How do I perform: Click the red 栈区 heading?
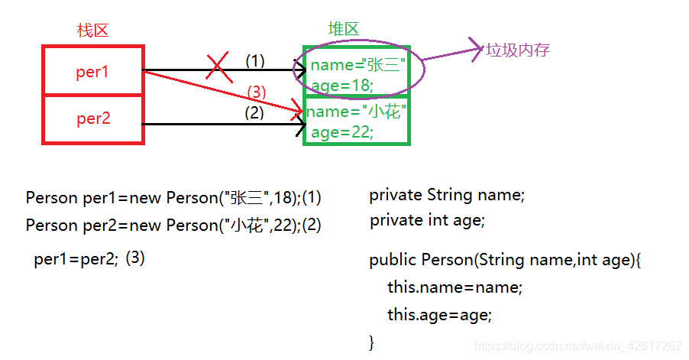click(x=93, y=31)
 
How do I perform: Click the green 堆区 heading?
click(x=343, y=29)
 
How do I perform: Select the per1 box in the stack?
click(x=93, y=72)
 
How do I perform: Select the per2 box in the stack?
click(x=93, y=119)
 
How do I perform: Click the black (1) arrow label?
click(x=254, y=60)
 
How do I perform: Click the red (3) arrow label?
click(x=257, y=92)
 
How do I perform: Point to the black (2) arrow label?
click(x=254, y=112)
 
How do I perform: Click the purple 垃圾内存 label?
click(x=518, y=50)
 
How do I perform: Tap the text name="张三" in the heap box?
click(x=357, y=66)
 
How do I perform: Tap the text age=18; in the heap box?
click(x=342, y=86)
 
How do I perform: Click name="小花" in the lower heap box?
click(x=354, y=112)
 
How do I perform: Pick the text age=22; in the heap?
click(x=342, y=132)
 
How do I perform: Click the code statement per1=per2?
click(x=76, y=259)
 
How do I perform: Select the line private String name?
click(x=447, y=195)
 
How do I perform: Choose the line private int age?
click(x=427, y=221)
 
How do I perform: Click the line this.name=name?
click(x=454, y=287)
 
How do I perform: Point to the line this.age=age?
click(x=439, y=314)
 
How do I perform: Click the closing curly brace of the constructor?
click(x=372, y=341)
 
